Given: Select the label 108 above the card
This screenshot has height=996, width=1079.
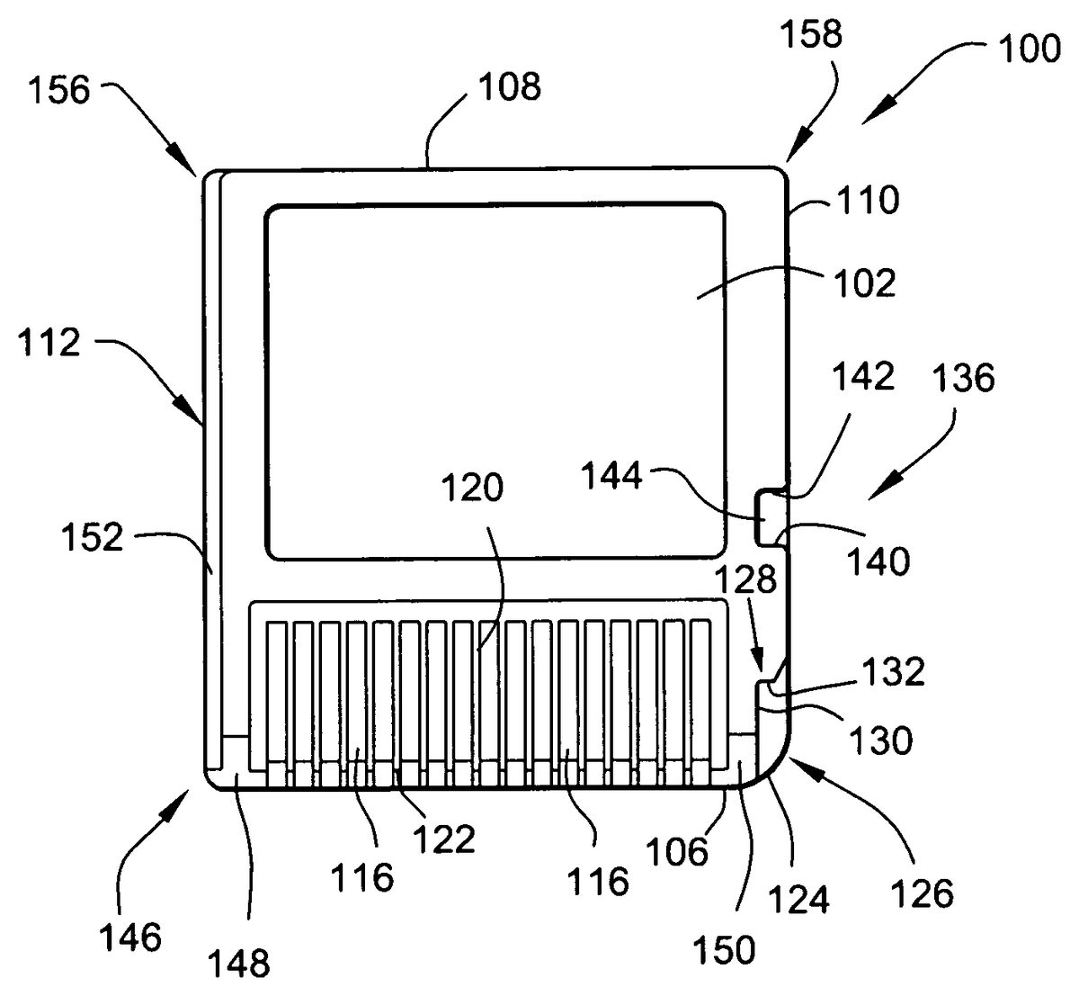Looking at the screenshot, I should (508, 87).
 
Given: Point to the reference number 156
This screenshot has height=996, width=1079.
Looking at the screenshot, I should (61, 92).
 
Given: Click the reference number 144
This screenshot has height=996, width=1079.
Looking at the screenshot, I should (611, 475).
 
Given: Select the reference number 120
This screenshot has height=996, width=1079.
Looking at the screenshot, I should (472, 489).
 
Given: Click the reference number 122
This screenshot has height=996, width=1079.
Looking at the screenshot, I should (443, 839).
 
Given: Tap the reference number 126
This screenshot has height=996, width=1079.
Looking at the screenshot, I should (923, 893).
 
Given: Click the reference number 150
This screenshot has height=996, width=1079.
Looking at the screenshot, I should (726, 950).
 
